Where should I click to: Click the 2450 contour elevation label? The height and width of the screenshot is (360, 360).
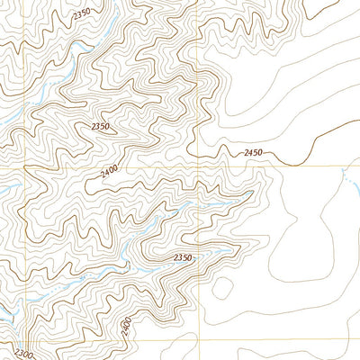[253, 153]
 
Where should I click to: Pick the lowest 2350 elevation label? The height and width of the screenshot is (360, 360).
[183, 258]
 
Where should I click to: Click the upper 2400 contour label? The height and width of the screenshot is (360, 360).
[110, 169]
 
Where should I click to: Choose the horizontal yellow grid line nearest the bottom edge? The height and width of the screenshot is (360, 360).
[270, 339]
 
